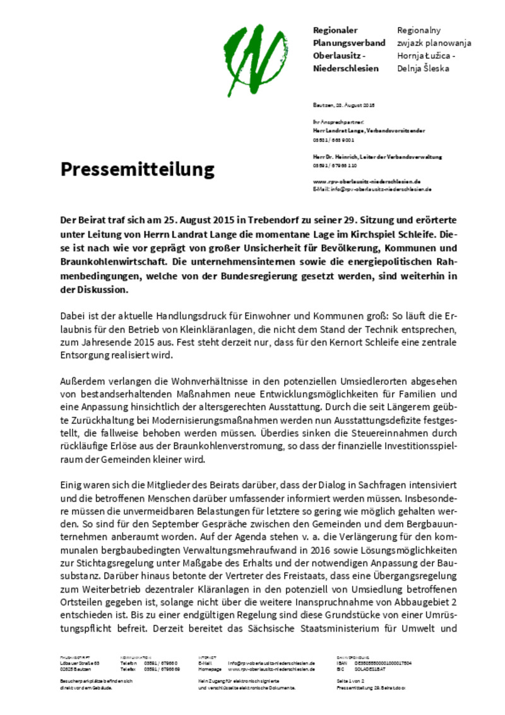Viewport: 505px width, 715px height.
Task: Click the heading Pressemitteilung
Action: click(138, 169)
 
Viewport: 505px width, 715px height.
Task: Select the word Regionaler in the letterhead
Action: click(335, 30)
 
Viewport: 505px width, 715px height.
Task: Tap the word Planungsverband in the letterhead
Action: click(349, 43)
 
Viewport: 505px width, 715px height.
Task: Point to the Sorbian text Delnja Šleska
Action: click(423, 68)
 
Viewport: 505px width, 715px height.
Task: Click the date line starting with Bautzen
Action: click(344, 105)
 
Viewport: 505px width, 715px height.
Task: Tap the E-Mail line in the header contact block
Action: click(372, 188)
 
